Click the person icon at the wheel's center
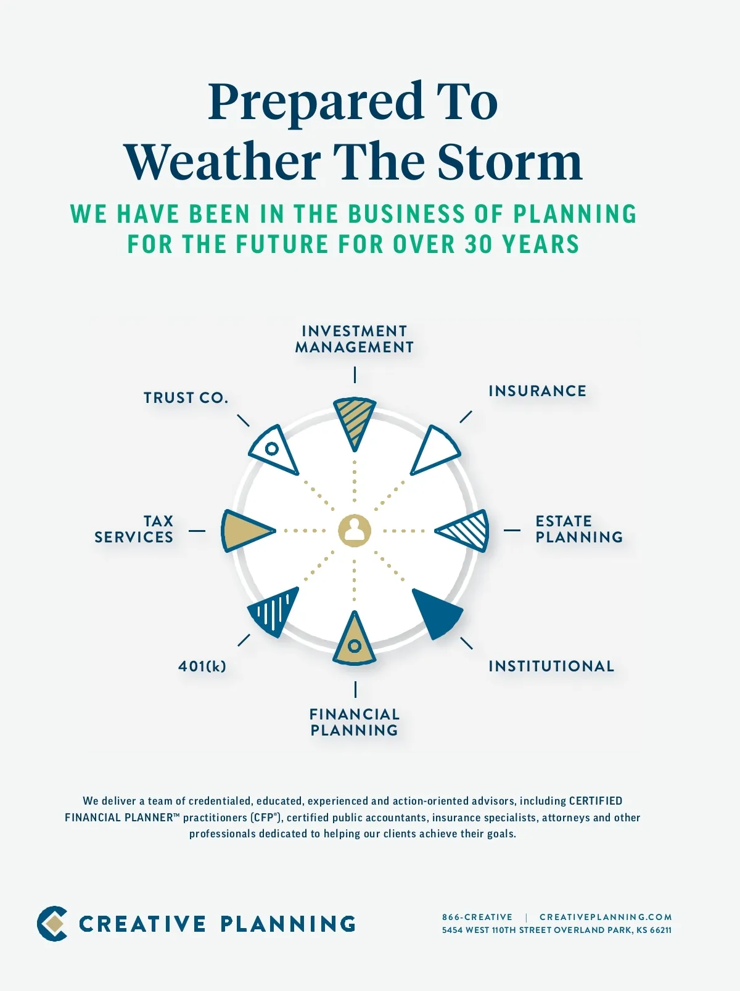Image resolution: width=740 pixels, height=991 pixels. [355, 531]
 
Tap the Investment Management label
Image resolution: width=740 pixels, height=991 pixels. [354, 339]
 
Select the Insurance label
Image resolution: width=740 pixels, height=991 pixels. [537, 391]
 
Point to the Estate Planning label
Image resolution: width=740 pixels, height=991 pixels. [579, 529]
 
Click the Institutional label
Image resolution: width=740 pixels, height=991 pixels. [551, 666]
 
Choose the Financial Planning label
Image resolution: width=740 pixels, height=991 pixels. [355, 722]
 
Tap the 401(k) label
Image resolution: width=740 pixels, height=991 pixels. [202, 666]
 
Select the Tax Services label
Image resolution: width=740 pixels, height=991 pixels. [134, 529]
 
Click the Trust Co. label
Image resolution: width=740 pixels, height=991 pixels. [186, 398]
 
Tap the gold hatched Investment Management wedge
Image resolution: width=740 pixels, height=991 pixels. [355, 420]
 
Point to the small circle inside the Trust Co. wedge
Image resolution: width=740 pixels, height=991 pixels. [271, 449]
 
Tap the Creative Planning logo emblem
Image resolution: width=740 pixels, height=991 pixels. [52, 923]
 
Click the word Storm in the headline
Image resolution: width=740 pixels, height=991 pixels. [510, 162]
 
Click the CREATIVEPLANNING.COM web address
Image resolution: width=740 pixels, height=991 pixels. [606, 917]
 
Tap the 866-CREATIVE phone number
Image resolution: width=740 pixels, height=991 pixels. [477, 917]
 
